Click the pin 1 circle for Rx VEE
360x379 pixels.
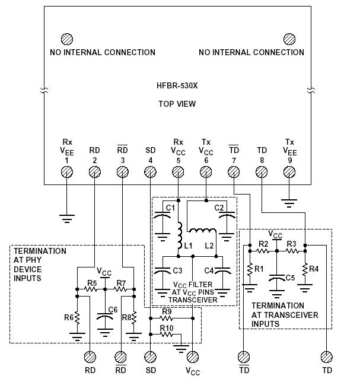click(67, 171)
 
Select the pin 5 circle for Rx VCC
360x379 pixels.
click(178, 171)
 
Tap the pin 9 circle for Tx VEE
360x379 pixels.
click(289, 171)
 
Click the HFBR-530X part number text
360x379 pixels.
click(177, 85)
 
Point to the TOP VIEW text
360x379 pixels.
click(177, 104)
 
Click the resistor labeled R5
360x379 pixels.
click(91, 289)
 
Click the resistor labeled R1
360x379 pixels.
click(250, 269)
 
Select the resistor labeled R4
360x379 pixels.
click(305, 269)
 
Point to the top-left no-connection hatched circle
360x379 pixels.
click(67, 39)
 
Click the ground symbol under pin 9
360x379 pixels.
click(289, 203)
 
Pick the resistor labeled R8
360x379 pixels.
click(134, 317)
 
